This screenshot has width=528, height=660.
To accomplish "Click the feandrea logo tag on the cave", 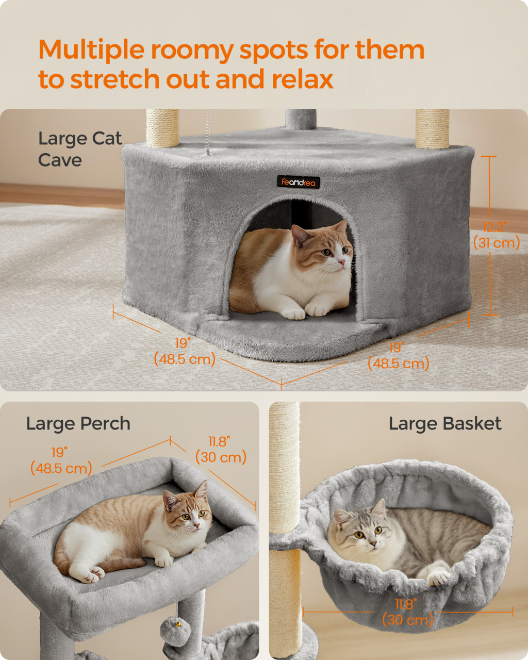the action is [x=298, y=182].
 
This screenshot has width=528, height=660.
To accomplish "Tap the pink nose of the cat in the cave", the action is [x=341, y=262].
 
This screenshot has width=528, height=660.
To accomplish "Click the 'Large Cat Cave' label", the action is [x=80, y=150].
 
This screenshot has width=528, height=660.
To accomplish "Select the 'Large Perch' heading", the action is [x=78, y=424].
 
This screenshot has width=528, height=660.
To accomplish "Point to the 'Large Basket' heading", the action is [x=445, y=424].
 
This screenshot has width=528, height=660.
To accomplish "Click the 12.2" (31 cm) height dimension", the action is [x=497, y=235].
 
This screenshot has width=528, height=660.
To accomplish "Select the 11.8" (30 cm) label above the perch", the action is [x=221, y=450].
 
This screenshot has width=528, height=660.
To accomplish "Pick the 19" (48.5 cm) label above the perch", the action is [x=61, y=460].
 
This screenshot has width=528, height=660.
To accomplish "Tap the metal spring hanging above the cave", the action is [x=208, y=132].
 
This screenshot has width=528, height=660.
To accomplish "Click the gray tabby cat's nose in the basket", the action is [x=373, y=543].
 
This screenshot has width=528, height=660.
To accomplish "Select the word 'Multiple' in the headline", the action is [x=91, y=51].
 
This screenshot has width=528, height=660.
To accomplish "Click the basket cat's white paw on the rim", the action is [x=439, y=577].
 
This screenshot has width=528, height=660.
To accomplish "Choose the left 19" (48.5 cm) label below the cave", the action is [x=185, y=352].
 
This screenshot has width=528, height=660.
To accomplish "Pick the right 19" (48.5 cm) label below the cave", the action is [x=398, y=356].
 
